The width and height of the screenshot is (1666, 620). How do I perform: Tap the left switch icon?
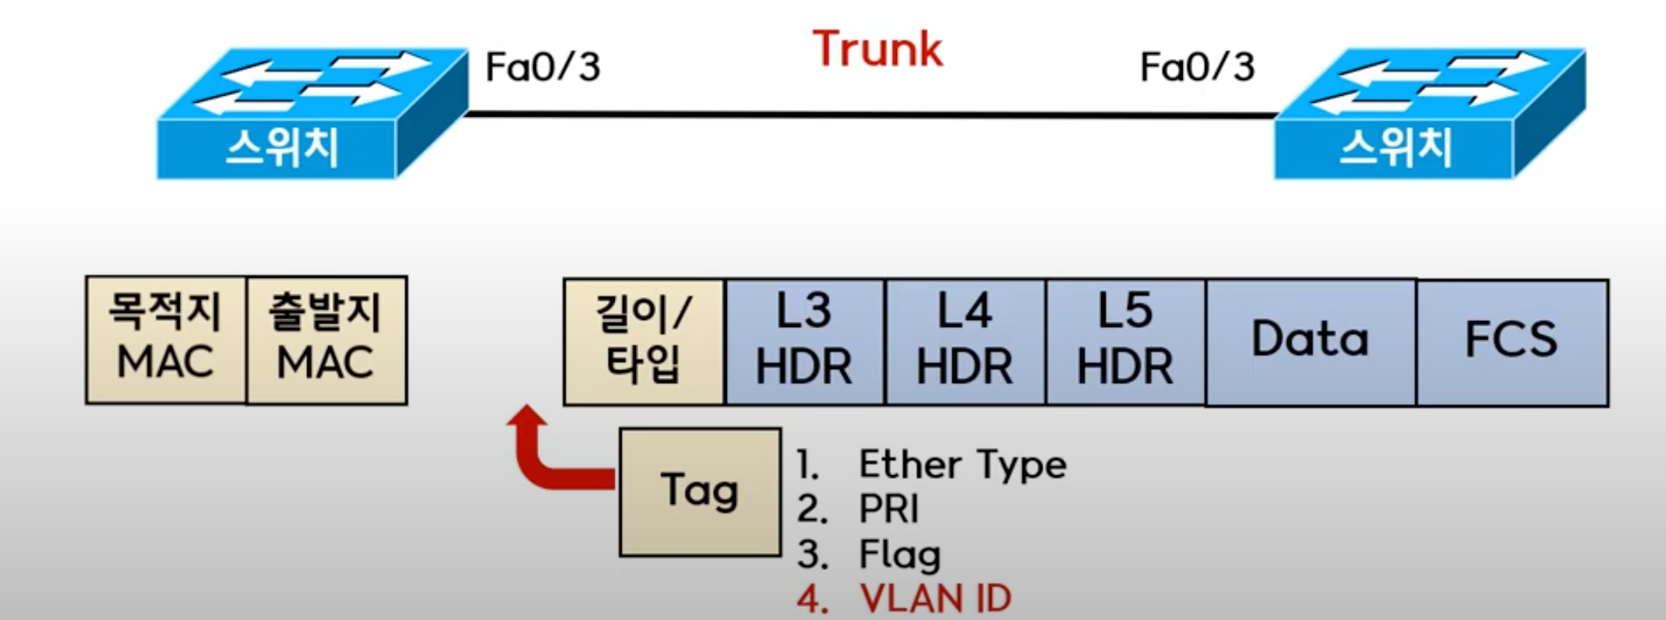(x=312, y=113)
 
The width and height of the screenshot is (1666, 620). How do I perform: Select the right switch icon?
(x=1429, y=113)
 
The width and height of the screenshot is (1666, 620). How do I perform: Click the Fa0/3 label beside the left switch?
(x=542, y=67)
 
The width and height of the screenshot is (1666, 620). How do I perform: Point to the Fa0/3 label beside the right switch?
(x=1197, y=67)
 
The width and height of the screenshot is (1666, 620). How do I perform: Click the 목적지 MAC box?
(x=165, y=340)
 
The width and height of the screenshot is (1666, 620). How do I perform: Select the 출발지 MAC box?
(x=326, y=340)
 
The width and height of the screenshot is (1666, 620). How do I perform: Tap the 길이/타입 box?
(x=644, y=341)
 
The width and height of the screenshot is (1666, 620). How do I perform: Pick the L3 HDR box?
(x=804, y=341)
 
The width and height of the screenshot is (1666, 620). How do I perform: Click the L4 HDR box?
(x=965, y=341)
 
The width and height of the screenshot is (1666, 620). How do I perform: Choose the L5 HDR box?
(x=1125, y=341)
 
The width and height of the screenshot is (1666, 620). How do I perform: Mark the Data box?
(x=1311, y=341)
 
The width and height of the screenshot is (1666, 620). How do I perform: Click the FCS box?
(x=1512, y=341)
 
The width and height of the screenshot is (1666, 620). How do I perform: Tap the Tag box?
(x=700, y=491)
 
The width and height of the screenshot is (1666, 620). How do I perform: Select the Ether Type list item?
(x=962, y=465)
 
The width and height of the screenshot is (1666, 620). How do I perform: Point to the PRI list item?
(x=888, y=509)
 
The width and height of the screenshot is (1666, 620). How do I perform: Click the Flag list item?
(x=899, y=555)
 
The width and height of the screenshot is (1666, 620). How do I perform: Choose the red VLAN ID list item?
(x=934, y=599)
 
